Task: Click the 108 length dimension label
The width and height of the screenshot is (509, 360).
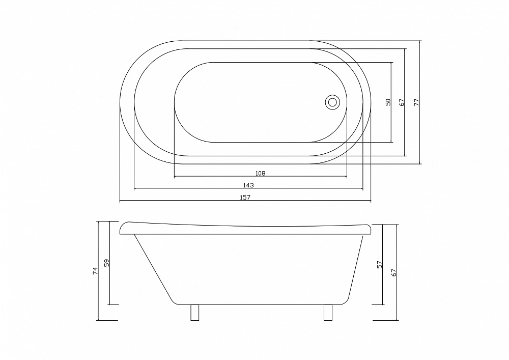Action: [x=260, y=173]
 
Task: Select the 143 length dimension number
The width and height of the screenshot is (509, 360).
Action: [x=248, y=185]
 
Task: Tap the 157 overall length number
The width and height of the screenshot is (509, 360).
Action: [x=245, y=197]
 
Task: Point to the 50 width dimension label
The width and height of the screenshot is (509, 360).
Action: [x=388, y=102]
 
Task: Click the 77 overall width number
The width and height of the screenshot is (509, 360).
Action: [x=417, y=102]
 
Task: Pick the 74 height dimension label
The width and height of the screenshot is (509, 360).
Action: [x=95, y=271]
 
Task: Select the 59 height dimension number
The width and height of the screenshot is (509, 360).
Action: [x=107, y=263]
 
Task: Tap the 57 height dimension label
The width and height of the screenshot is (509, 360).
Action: [x=380, y=264]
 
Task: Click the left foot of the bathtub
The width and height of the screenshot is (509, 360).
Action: [x=194, y=313]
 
